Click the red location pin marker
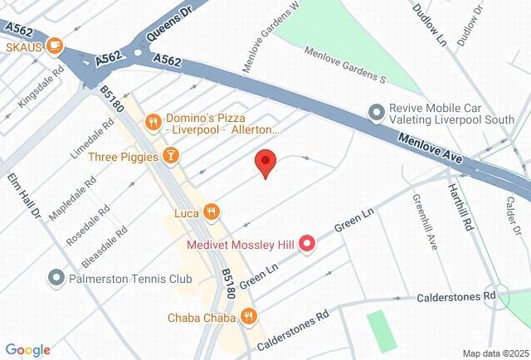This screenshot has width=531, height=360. coord(265,163)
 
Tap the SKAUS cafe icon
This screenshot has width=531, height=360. coord(56,46)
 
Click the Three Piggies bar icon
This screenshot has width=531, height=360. coord(170,156)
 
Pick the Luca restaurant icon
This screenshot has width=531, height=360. coord(212,213)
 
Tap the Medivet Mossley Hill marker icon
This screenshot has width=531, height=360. coord(307,243)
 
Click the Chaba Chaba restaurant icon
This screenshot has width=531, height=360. coord(248,316)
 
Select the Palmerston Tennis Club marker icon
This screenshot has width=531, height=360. coord(56,278)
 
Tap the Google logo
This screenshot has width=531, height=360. coord(27,350)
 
